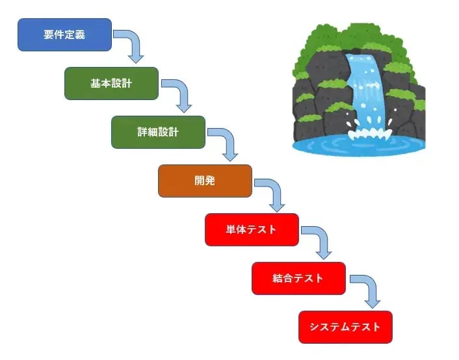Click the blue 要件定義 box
pos(64,34)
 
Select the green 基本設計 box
pos(111,83)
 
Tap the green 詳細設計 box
pos(158,132)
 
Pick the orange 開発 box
pos(205,181)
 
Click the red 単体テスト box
pos(252,229)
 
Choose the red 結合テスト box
pos(298,278)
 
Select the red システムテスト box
pos(345,327)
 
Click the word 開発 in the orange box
pos(205,181)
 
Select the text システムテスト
pos(345,327)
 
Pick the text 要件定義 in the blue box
pos(64,34)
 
